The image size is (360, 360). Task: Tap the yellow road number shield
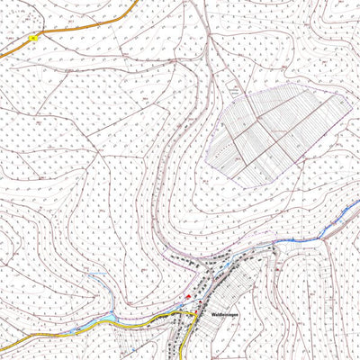[x=33, y=38]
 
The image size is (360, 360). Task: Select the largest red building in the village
[x=188, y=295]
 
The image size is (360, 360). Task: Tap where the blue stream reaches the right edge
[x=357, y=205]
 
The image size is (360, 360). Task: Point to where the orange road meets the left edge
[x=2, y=55]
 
